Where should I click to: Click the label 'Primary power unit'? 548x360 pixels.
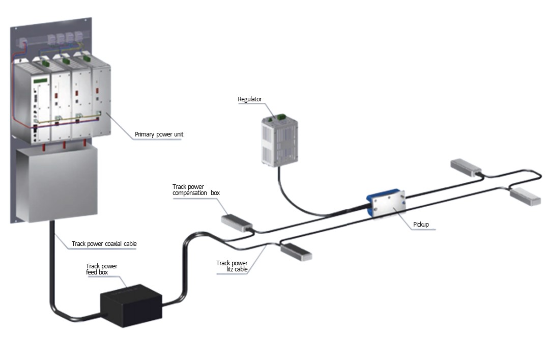point(159,135)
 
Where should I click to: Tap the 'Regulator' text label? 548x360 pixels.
point(249,99)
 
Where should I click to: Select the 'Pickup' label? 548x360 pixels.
point(421,224)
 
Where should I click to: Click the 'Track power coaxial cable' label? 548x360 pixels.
point(104,243)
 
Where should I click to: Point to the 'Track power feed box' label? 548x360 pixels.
point(102,269)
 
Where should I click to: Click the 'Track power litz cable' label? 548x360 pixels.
point(232,266)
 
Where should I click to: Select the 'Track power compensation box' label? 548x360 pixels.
point(196,190)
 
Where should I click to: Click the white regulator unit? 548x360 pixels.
point(278,140)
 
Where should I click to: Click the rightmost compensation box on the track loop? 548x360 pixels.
point(524,196)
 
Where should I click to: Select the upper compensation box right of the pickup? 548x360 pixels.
point(466,167)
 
